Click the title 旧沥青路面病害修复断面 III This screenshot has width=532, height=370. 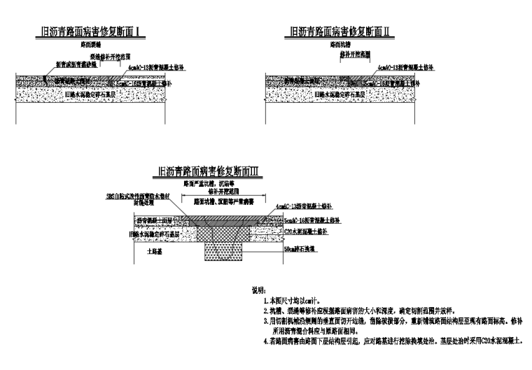pyautogui.click(x=209, y=170)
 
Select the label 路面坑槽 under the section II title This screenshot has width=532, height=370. pyautogui.click(x=341, y=44)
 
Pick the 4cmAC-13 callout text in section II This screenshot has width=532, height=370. pyautogui.click(x=399, y=68)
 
